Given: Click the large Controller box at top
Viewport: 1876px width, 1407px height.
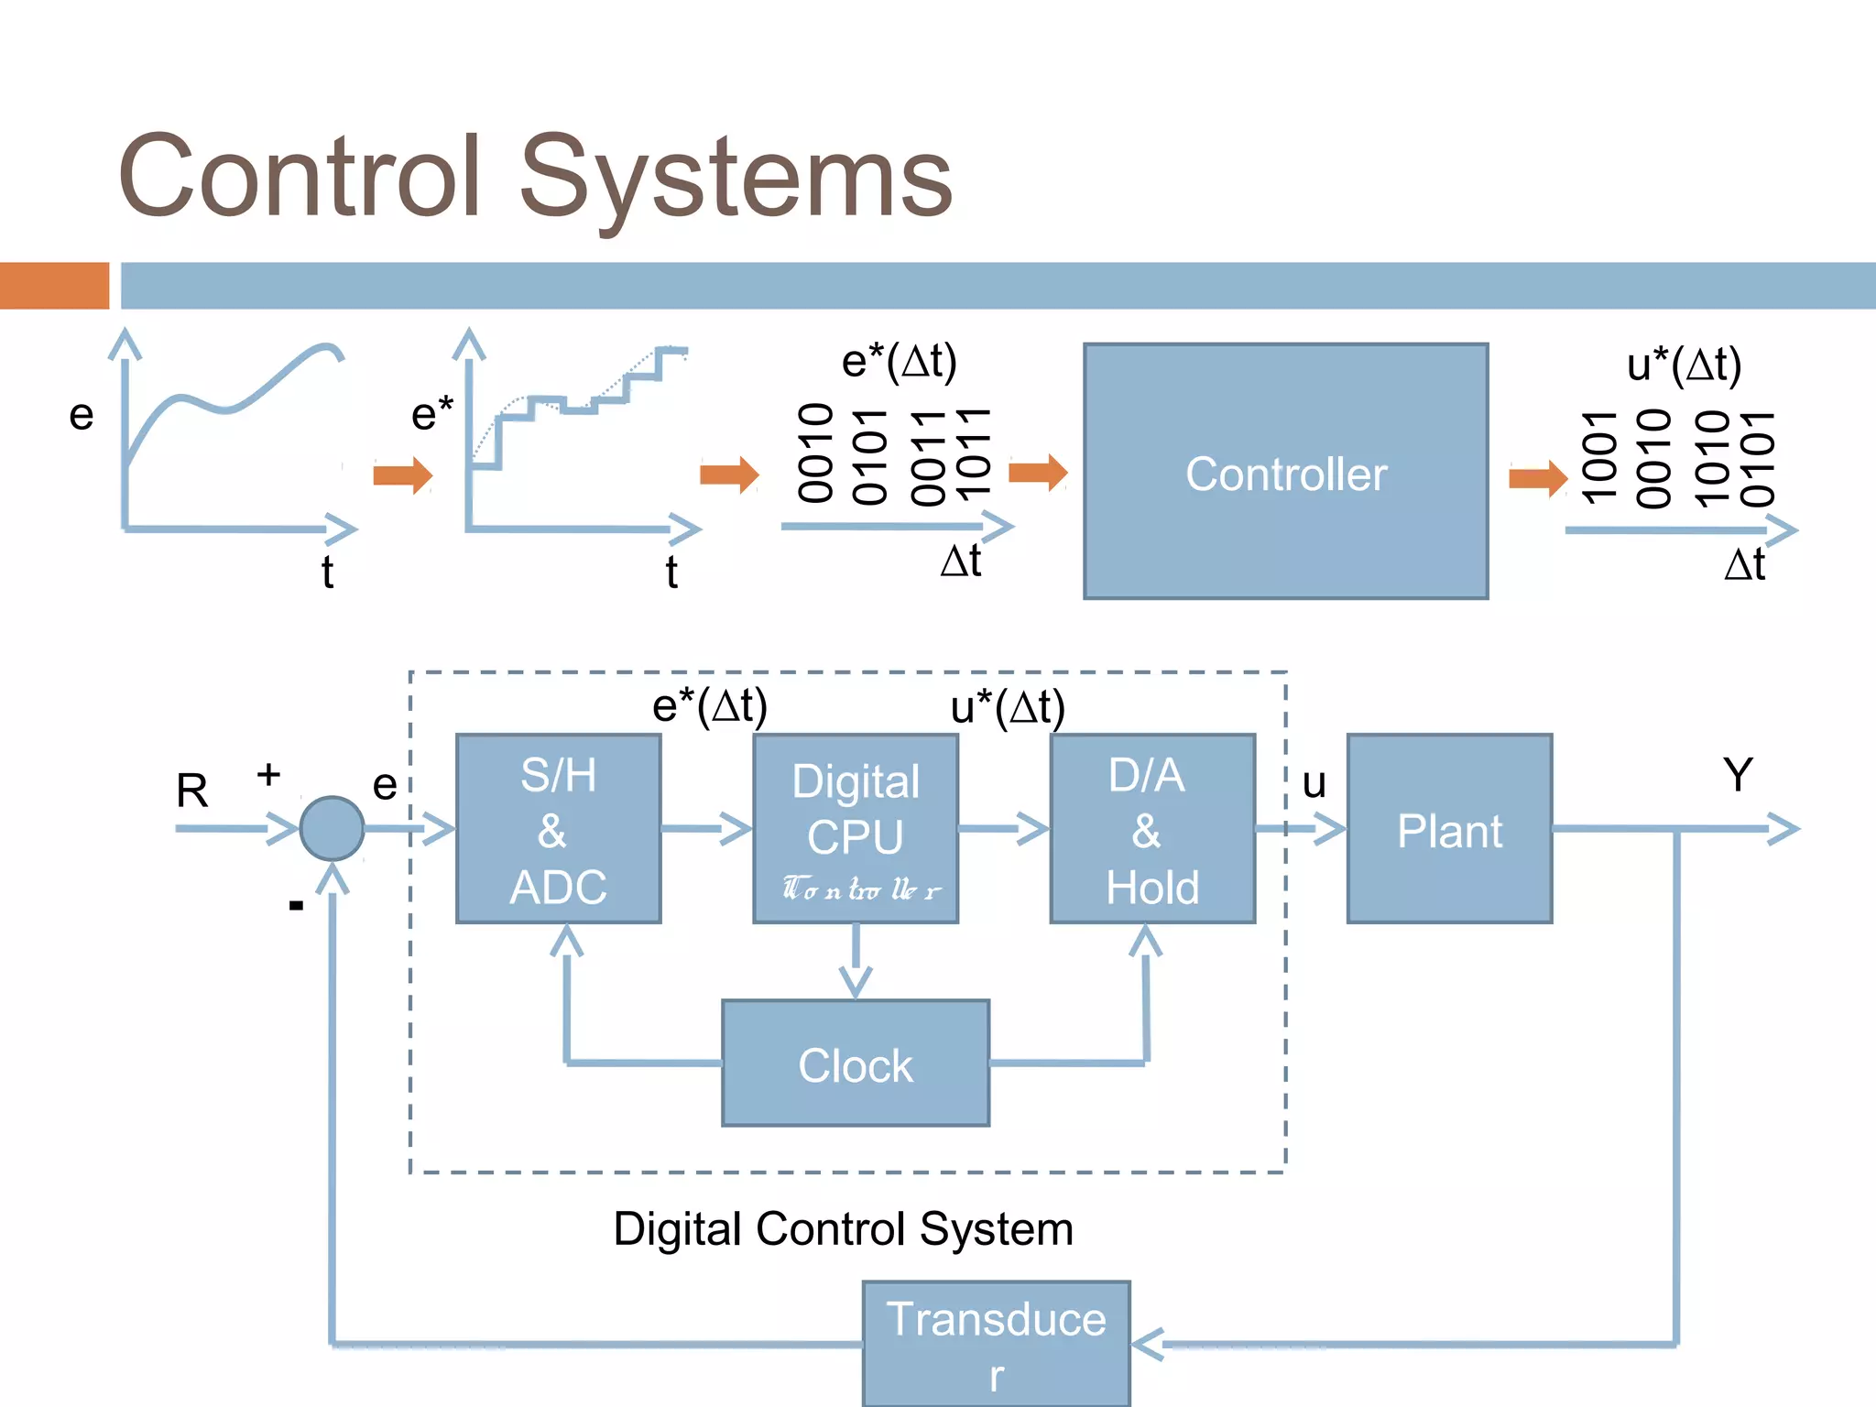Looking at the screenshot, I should pos(1285,472).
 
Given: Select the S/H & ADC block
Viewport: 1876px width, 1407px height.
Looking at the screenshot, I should pos(558,829).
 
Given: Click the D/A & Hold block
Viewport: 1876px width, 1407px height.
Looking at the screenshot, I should pos(1151,829).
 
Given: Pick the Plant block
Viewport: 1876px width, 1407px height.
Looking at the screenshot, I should pos(1449,829).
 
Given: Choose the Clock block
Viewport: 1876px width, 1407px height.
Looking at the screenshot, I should pos(856,1063).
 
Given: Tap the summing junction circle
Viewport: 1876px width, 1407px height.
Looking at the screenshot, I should pos(332,828).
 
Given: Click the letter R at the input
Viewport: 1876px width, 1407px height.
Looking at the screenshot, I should pos(192,791).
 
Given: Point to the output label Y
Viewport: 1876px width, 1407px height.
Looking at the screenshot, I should pos(1737,775).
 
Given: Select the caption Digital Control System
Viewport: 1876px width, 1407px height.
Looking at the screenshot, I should pos(843,1228).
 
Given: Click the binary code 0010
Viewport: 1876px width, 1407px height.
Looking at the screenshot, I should pos(815,453).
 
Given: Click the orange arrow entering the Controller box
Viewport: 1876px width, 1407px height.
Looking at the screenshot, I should pos(1038,473).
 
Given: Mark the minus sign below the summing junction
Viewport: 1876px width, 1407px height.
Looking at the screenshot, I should pos(296,906).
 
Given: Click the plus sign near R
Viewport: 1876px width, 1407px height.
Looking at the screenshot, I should pos(268,775).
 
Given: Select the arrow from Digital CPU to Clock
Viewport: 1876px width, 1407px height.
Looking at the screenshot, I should pos(856,962).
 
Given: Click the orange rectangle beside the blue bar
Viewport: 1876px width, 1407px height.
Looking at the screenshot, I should pos(54,286).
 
